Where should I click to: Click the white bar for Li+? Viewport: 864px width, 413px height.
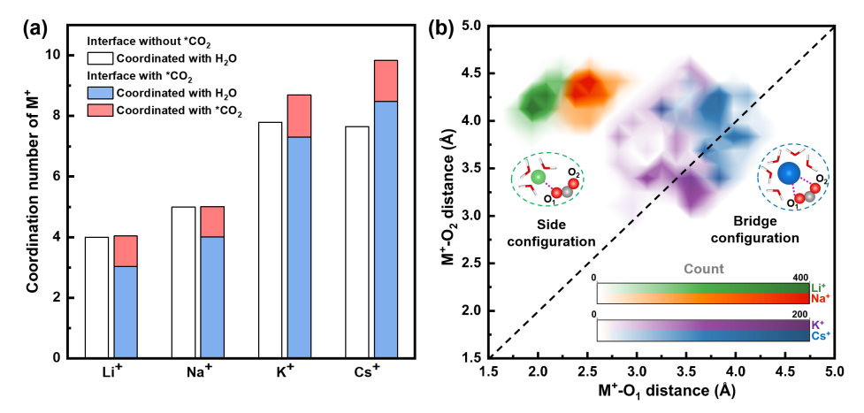(x=97, y=297)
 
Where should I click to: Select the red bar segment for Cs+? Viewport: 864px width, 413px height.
(x=386, y=80)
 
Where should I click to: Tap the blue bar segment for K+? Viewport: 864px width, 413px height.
(x=300, y=247)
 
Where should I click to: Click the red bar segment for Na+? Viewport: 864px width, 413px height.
(x=212, y=221)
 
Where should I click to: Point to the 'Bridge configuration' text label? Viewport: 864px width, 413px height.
(x=765, y=230)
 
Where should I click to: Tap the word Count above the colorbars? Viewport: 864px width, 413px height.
(x=704, y=268)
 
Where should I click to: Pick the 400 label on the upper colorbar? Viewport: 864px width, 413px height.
(x=800, y=277)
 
